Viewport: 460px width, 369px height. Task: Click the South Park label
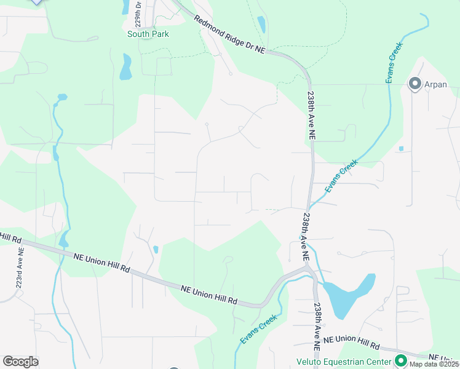pyautogui.click(x=148, y=34)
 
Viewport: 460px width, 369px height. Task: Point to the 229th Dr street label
pyautogui.click(x=138, y=12)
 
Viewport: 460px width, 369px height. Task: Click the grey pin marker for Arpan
pyautogui.click(x=414, y=84)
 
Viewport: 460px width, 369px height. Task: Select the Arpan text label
pyautogui.click(x=435, y=84)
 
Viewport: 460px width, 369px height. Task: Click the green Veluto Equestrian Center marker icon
pyautogui.click(x=401, y=360)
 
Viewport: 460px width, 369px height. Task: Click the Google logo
pyautogui.click(x=20, y=362)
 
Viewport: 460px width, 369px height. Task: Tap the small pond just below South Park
pyautogui.click(x=126, y=67)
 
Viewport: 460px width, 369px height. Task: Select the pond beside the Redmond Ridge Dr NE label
pyautogui.click(x=261, y=25)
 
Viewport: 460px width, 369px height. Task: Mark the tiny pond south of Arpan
pyautogui.click(x=401, y=148)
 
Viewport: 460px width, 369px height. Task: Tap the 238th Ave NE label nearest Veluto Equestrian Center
pyautogui.click(x=317, y=327)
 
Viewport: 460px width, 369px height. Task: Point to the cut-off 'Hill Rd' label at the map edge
pyautogui.click(x=10, y=237)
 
